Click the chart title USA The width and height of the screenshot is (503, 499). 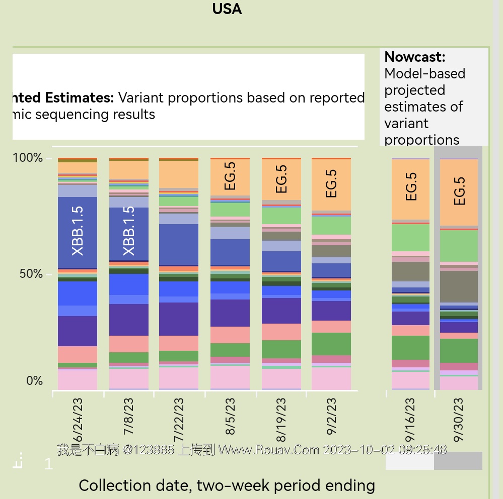click(x=227, y=9)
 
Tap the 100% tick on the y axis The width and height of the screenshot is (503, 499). click(x=28, y=158)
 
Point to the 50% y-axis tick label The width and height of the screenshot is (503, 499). click(x=31, y=274)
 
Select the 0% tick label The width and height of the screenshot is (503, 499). click(x=34, y=381)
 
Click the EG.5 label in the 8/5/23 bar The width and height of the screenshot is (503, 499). click(x=230, y=175)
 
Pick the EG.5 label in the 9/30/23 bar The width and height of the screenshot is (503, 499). click(x=459, y=191)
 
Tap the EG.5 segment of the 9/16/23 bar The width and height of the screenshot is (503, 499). click(x=411, y=187)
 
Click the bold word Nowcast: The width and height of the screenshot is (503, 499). click(x=415, y=57)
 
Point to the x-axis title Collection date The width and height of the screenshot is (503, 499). click(x=227, y=485)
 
